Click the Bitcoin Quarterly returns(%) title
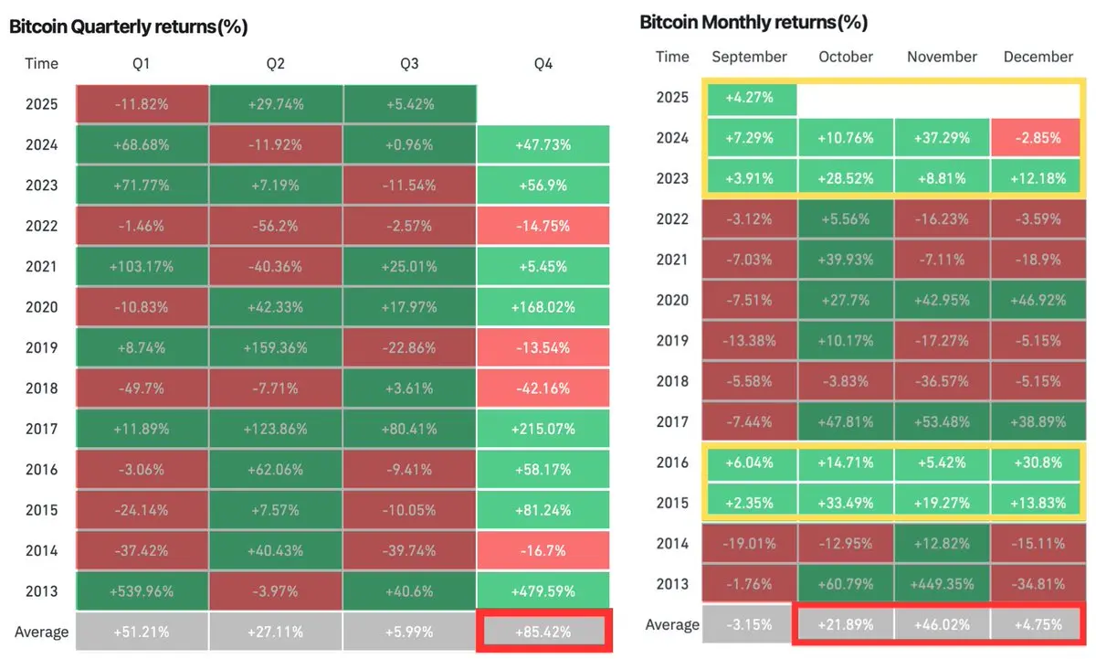tap(129, 27)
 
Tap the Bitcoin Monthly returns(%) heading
tap(753, 22)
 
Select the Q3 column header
tap(409, 64)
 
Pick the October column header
tap(846, 57)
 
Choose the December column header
tap(1038, 57)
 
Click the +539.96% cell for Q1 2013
tap(142, 590)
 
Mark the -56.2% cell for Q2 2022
tap(275, 226)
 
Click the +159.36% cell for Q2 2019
tap(275, 347)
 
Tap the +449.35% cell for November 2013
tap(942, 584)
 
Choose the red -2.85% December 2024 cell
tap(1038, 138)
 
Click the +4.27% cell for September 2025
tap(750, 98)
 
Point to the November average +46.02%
tap(942, 625)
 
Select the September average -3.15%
tap(750, 625)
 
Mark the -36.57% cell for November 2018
tap(942, 381)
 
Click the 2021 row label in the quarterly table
tap(41, 267)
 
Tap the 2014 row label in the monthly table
tap(672, 544)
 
